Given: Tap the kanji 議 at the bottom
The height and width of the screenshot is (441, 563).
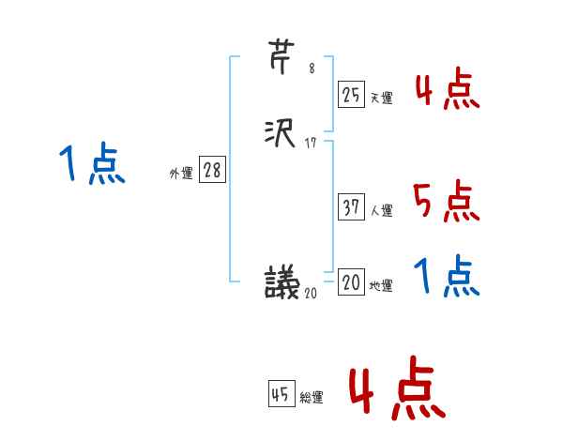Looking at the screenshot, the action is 282,281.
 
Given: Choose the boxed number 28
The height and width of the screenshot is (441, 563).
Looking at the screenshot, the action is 211,170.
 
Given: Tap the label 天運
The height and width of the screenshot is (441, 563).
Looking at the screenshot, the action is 381,97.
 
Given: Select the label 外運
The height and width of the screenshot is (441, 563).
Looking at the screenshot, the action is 181,174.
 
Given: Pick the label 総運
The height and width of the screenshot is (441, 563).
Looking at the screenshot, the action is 312,398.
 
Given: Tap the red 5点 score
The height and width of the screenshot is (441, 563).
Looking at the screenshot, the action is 445,202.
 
